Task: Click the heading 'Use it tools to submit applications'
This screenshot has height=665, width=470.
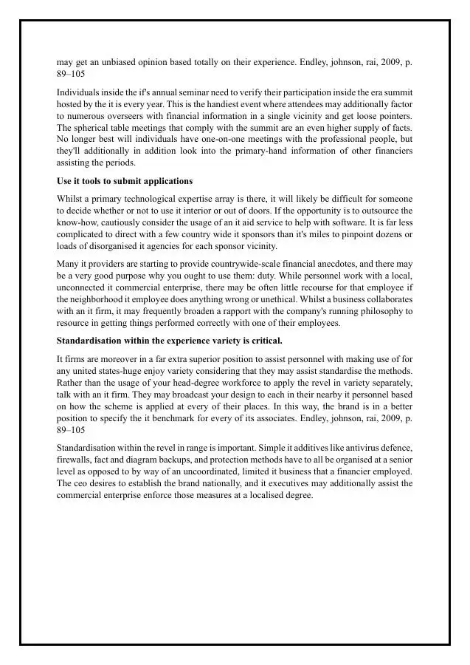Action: click(125, 181)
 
